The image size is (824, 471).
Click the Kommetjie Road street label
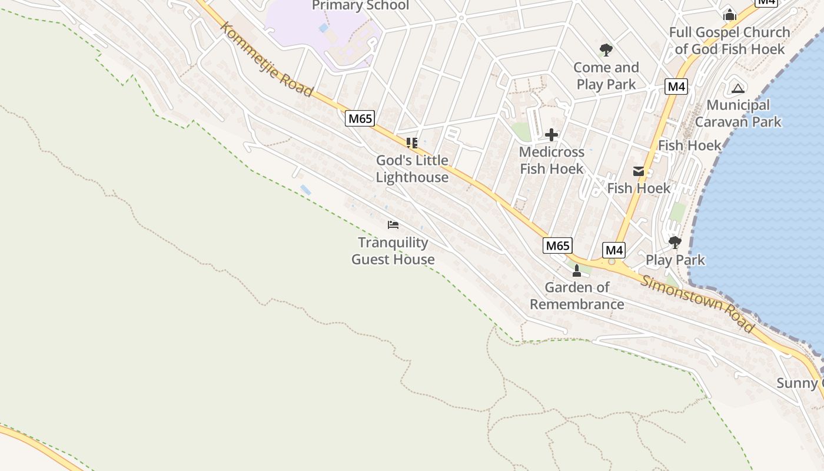(x=267, y=59)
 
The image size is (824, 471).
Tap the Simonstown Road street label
(x=697, y=304)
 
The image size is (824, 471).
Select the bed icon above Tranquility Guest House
(x=393, y=225)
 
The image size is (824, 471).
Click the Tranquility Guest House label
(x=393, y=251)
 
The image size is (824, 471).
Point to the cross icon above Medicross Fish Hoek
(x=551, y=135)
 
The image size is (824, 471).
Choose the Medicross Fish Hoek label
(x=551, y=160)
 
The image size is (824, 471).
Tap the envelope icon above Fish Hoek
(x=639, y=171)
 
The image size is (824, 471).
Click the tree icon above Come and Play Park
(x=606, y=50)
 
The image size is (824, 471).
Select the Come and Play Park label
(x=606, y=76)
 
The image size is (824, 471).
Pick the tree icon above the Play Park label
(x=675, y=242)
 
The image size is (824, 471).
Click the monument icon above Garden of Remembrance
(x=577, y=271)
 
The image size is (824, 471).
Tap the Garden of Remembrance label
(x=577, y=296)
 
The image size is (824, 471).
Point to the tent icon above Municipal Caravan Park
(x=738, y=88)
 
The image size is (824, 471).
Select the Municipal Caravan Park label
(x=738, y=114)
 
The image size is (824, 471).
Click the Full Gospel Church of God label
(x=730, y=41)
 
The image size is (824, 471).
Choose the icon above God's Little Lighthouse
(x=412, y=142)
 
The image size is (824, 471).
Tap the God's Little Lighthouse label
(x=412, y=169)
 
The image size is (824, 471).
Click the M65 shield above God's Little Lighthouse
(x=360, y=118)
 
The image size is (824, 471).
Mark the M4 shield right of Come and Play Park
(x=676, y=87)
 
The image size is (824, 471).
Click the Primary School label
(x=360, y=6)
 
